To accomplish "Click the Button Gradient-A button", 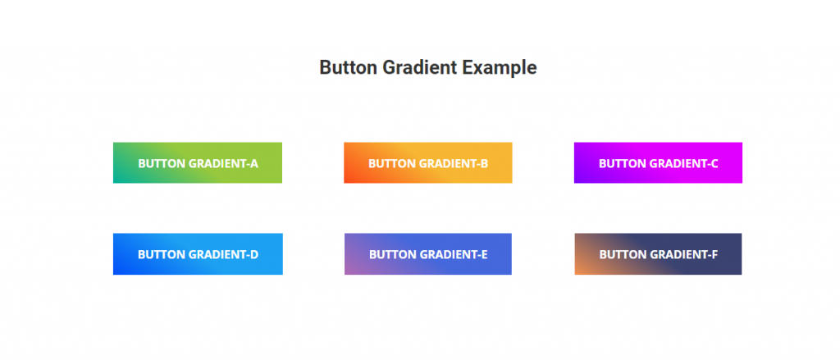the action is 198,163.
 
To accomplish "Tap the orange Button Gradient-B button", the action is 428,163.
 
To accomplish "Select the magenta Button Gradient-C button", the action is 659,163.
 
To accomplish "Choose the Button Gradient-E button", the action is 428,254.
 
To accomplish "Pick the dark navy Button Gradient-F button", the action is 659,254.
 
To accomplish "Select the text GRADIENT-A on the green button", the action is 223,163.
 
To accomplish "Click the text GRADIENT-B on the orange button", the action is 454,163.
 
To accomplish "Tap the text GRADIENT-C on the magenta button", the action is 683,163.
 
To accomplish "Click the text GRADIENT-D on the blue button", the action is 223,254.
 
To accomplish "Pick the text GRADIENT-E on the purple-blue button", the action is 454,254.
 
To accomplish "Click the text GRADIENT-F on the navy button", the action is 683,254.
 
